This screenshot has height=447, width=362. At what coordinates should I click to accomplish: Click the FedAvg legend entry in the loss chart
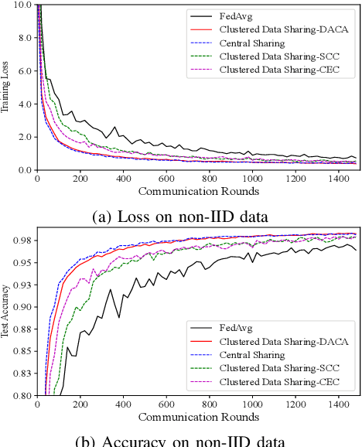click(x=236, y=13)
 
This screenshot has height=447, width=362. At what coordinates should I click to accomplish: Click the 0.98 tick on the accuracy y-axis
click(x=21, y=241)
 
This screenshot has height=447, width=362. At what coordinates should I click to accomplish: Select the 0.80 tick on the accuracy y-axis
click(x=21, y=396)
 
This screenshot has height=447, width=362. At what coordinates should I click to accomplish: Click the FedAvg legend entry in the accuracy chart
click(x=236, y=327)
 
